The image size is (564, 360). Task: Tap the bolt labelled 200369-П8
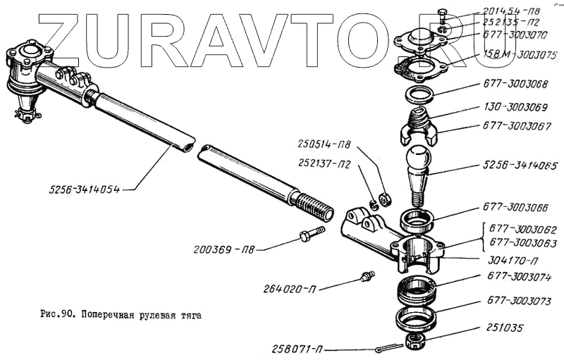click(x=310, y=233)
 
